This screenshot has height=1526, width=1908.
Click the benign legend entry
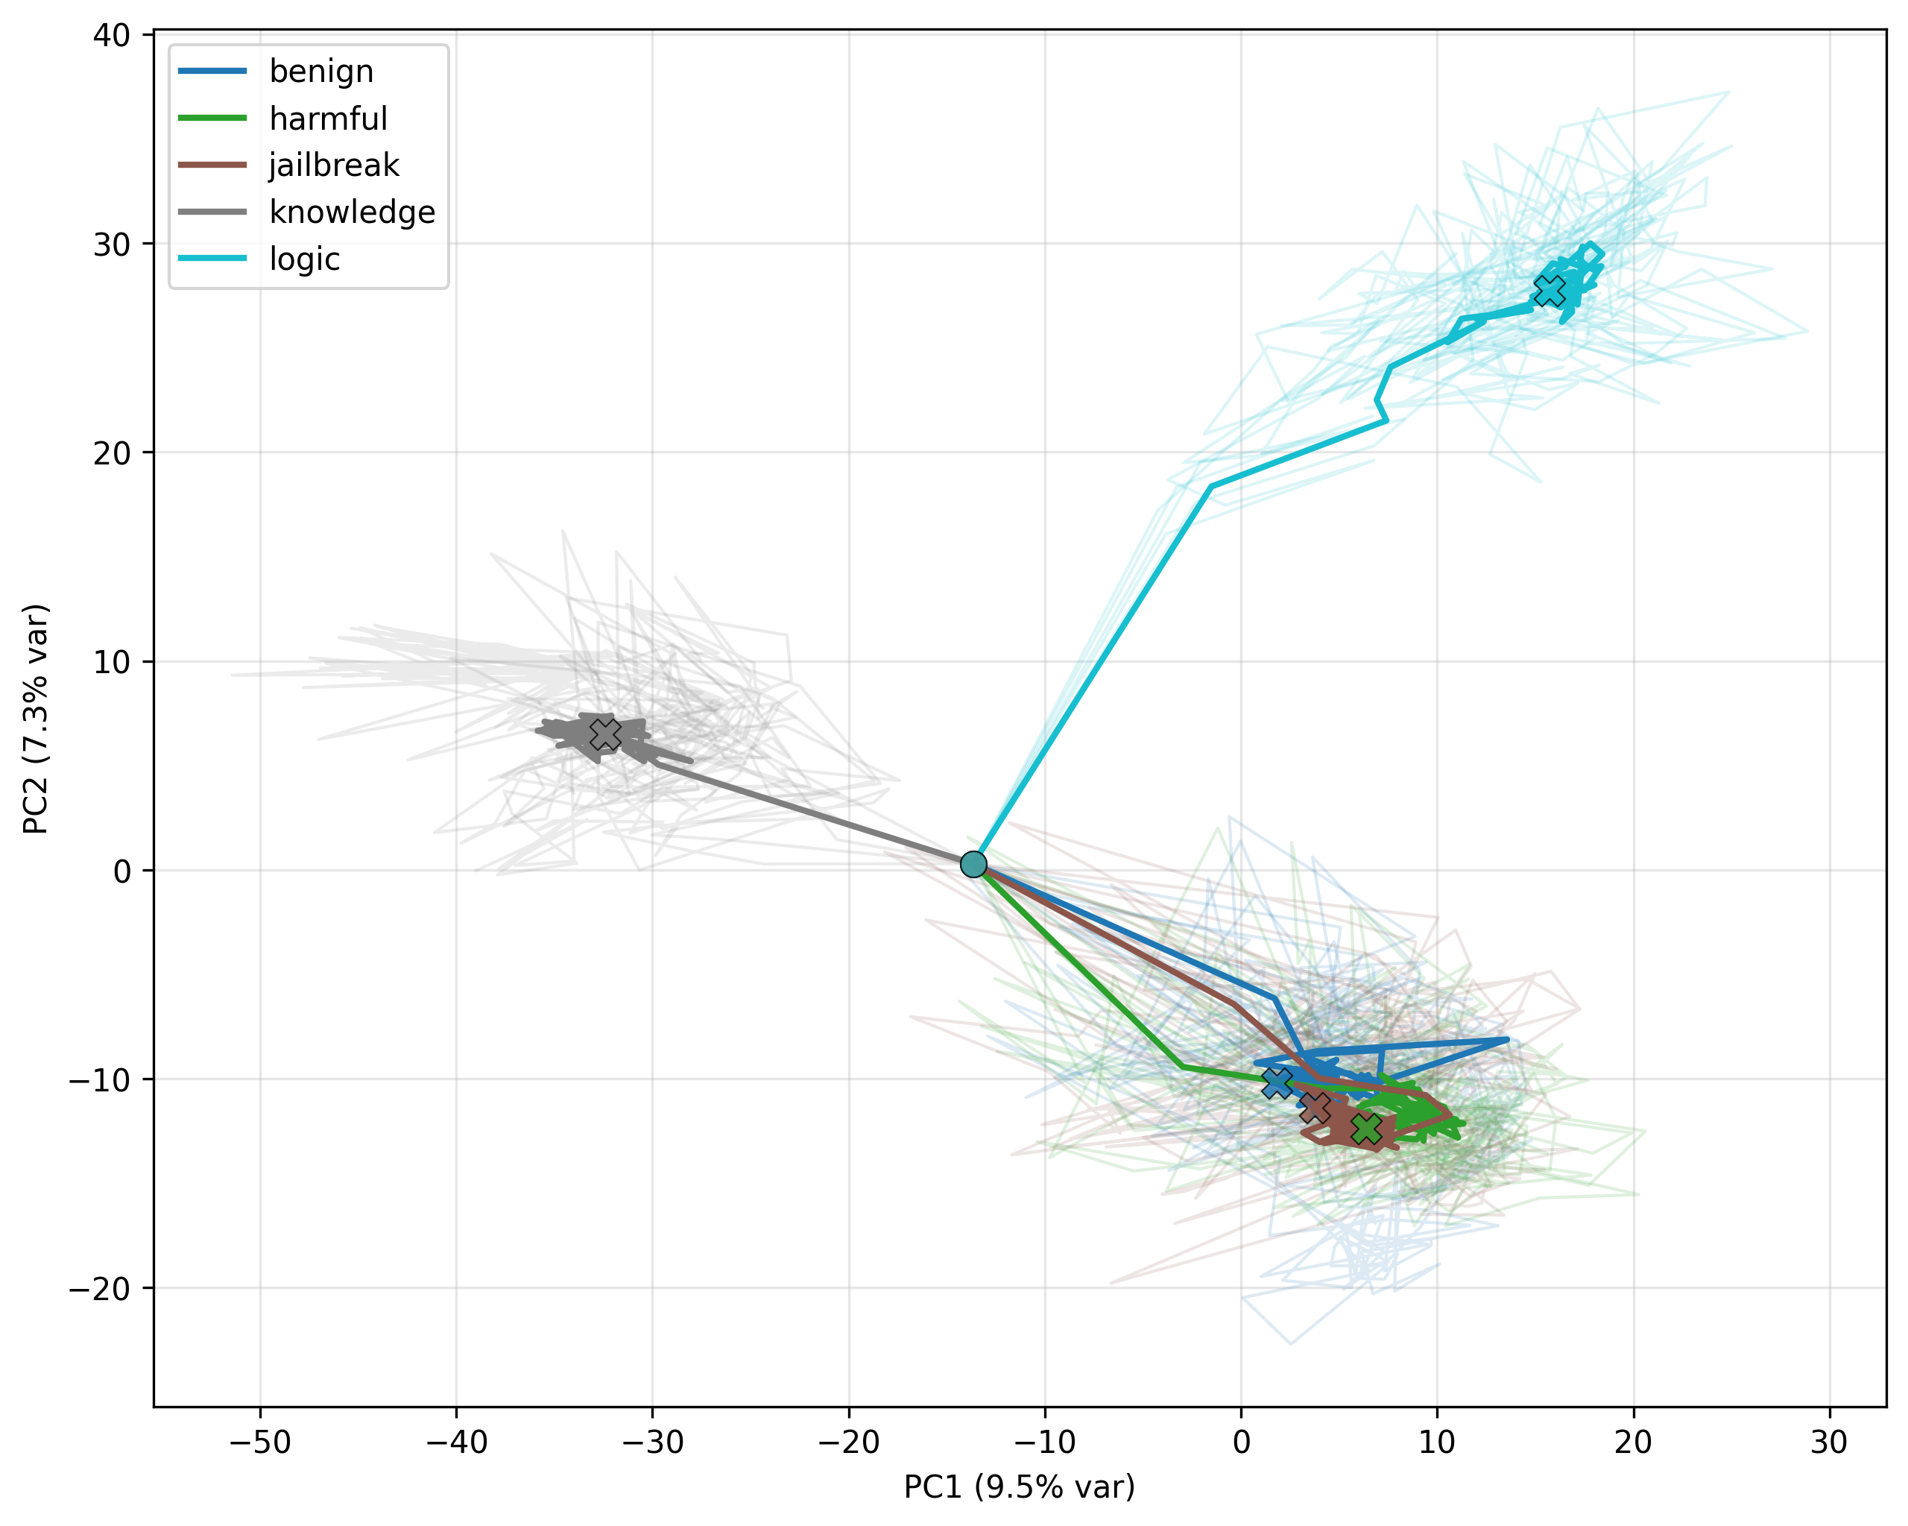(x=275, y=71)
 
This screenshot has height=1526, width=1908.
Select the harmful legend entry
(x=282, y=118)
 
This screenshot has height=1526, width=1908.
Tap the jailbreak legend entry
(x=288, y=165)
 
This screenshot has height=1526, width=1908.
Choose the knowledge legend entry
(x=306, y=212)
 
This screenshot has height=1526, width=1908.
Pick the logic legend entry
(x=259, y=259)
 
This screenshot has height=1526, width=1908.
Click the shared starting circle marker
(x=973, y=864)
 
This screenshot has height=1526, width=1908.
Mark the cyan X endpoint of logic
(x=1550, y=289)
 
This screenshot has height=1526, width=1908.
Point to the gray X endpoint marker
(x=605, y=734)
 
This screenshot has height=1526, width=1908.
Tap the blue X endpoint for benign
(x=1277, y=1082)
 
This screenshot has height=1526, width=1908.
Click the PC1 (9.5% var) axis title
(x=1020, y=1486)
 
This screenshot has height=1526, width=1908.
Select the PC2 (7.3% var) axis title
(x=37, y=719)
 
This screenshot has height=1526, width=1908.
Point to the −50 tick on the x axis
(x=260, y=1442)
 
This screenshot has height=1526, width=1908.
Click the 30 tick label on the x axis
(x=1829, y=1442)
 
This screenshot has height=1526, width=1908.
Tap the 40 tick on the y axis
(x=112, y=34)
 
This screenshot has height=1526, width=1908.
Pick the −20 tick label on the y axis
(x=99, y=1288)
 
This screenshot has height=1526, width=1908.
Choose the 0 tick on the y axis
(x=121, y=870)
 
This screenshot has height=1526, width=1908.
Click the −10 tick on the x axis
(x=1045, y=1442)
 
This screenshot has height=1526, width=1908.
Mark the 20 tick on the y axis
(x=112, y=453)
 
